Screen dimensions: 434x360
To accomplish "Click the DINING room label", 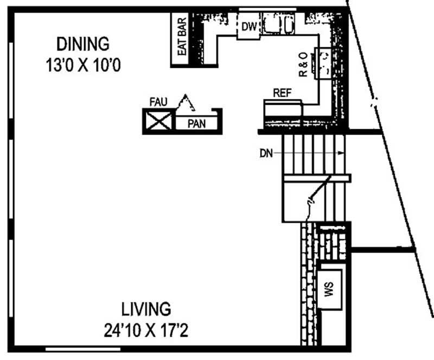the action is (83, 44).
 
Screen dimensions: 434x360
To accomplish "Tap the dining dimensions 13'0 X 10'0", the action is (83, 65).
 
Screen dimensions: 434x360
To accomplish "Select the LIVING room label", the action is (146, 309).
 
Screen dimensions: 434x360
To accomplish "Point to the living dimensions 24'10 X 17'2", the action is (146, 330).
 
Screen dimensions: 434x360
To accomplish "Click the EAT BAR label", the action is (182, 36).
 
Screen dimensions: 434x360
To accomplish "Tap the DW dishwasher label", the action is (249, 27).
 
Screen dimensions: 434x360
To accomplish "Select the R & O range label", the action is (303, 64).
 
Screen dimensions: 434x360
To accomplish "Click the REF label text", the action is (282, 93).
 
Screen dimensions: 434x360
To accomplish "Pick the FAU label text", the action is (158, 102).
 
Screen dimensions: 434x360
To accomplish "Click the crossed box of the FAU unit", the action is (158, 121).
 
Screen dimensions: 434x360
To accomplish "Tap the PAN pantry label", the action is (196, 124).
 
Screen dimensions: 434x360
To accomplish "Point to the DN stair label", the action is (266, 153).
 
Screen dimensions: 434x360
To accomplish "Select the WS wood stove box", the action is (329, 289).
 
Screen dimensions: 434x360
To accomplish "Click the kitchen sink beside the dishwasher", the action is (278, 24).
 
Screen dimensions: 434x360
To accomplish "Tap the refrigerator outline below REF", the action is (283, 109).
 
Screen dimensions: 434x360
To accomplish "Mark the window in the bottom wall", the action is (83, 349).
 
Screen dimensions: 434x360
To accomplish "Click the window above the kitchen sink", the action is (267, 9).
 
